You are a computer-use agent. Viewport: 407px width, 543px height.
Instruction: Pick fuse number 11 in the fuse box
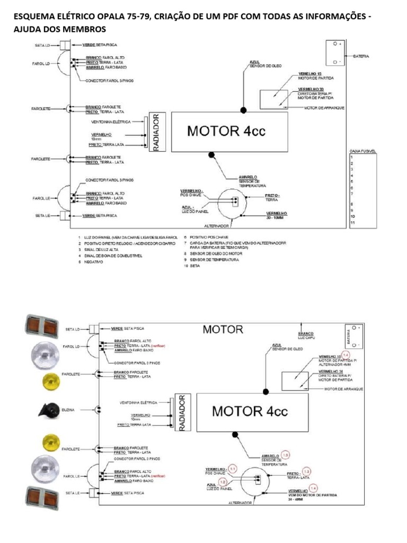(353, 223)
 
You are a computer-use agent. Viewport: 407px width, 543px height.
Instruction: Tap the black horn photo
(44, 409)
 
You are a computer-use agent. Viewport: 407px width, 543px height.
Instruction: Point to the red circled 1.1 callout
(233, 468)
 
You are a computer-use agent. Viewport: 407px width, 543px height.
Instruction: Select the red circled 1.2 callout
(223, 481)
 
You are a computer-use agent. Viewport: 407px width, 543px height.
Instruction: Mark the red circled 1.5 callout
(286, 455)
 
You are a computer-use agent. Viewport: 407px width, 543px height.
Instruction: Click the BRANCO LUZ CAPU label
(306, 336)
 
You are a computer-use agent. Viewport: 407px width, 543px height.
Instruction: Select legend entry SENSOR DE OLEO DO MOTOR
(214, 253)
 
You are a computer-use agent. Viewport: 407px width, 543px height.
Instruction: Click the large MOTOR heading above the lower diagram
(223, 329)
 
